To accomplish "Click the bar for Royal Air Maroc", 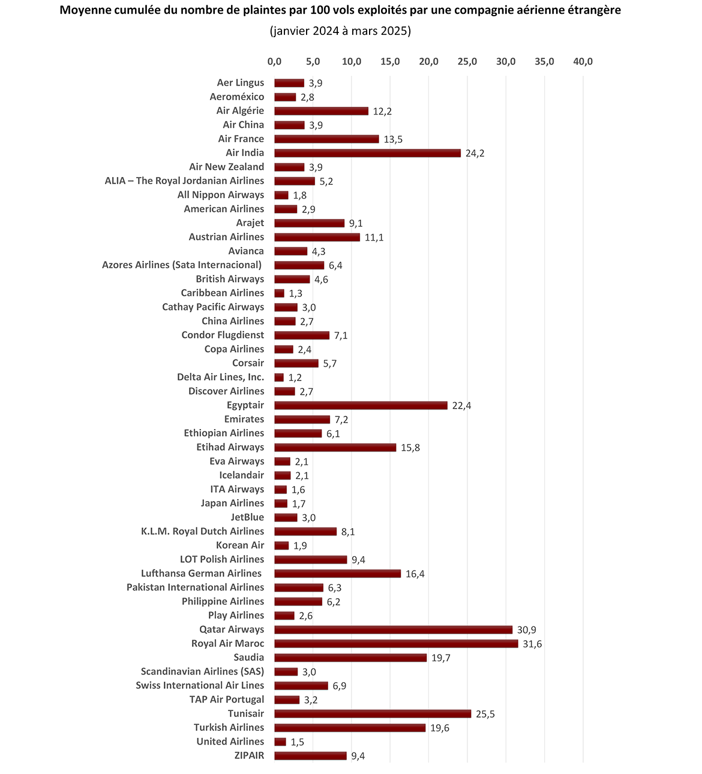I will coord(396,644).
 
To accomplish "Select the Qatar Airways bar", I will coord(393,630).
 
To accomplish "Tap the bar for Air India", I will coord(367,153).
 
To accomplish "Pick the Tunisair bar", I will coord(373,714).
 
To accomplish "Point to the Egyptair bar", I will coord(361,406).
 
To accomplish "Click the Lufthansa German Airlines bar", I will coord(337,574).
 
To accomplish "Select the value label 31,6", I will coord(532,644).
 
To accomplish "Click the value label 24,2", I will coord(475,153).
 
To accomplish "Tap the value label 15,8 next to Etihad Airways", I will coord(410,448).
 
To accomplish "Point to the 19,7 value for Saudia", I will coord(441,658).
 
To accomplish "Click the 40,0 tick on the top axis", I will coord(583,62).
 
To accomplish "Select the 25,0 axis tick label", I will coord(467,62).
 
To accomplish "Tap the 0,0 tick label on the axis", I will coord(274,62).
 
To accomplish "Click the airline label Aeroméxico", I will coord(236,97).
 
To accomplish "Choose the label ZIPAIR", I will coord(249,755).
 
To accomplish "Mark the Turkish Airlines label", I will coord(229,727).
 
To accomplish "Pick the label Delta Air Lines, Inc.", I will coord(220,377).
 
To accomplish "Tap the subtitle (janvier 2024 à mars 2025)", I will coord(340,31).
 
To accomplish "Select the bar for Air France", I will coord(326,139).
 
